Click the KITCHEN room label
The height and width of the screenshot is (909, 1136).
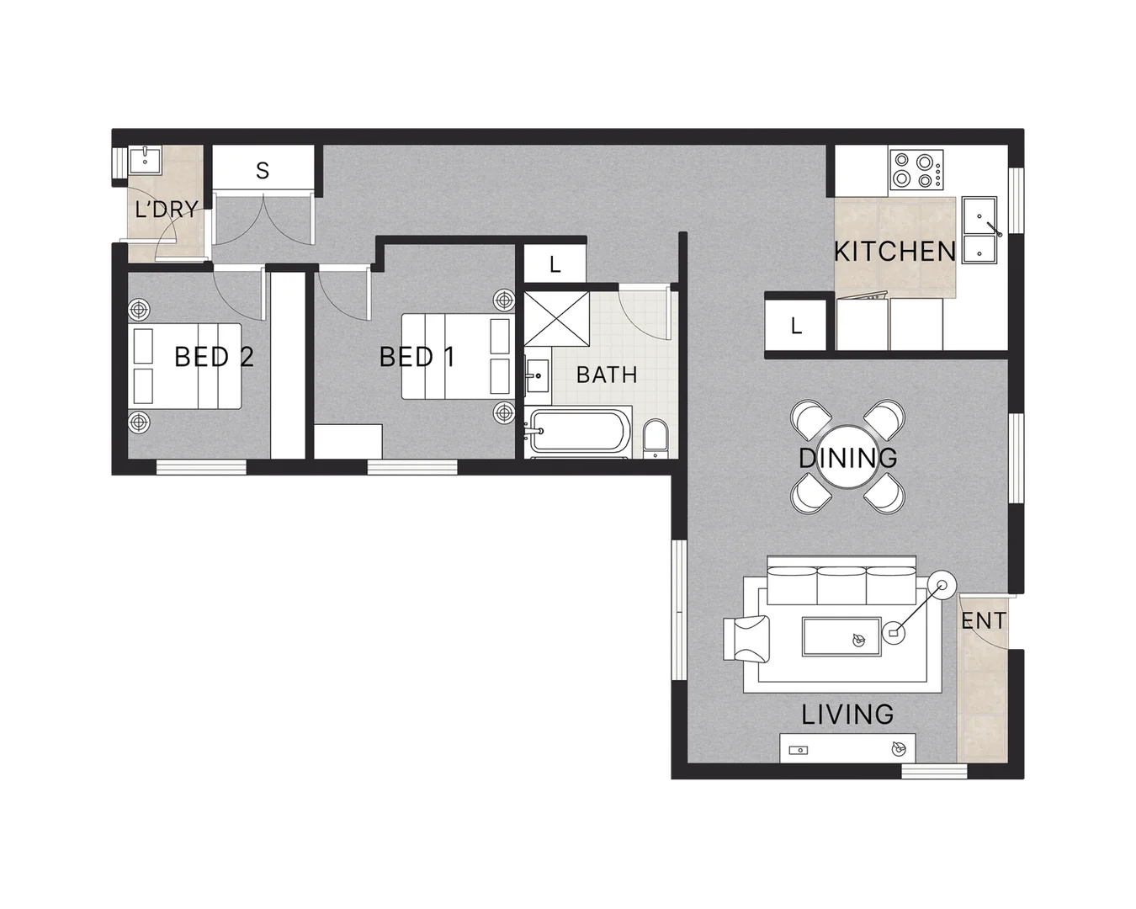(894, 251)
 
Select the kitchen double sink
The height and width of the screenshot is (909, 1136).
(981, 228)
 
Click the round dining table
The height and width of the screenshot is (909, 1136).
(847, 459)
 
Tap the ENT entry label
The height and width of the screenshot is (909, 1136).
(983, 621)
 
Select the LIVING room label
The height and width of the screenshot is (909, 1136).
(847, 715)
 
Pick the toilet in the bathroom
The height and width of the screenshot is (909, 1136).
(655, 440)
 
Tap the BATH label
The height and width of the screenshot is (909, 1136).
(607, 375)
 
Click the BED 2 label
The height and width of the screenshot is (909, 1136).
(214, 357)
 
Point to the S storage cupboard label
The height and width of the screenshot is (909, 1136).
(263, 171)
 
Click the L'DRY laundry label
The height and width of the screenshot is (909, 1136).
(167, 210)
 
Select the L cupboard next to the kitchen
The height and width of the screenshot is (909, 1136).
(796, 327)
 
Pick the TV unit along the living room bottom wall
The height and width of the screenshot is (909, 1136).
(847, 747)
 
